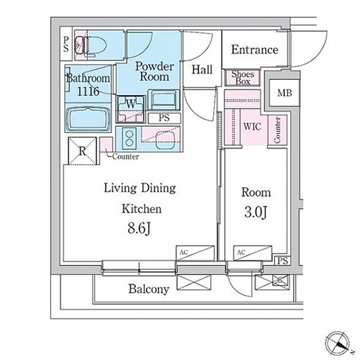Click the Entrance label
pyautogui.click(x=255, y=50)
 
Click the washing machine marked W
pyautogui.click(x=131, y=109)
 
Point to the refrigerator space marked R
pyautogui.click(x=83, y=151)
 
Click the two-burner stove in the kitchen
pyautogui.click(x=129, y=138)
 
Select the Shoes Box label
pyautogui.click(x=243, y=78)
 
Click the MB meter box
pyautogui.click(x=284, y=93)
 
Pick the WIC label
pyautogui.click(x=252, y=127)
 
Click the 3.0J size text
pyautogui.click(x=256, y=212)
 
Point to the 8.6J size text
pyautogui.click(x=139, y=228)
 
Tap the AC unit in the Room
pyautogui.click(x=253, y=253)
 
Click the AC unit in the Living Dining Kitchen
pyautogui.click(x=195, y=253)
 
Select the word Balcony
pyautogui.click(x=149, y=289)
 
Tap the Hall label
pyautogui.click(x=202, y=70)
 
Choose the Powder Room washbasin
pyautogui.click(x=163, y=100)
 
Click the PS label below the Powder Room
pyautogui.click(x=164, y=118)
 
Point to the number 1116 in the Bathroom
pyautogui.click(x=88, y=91)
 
